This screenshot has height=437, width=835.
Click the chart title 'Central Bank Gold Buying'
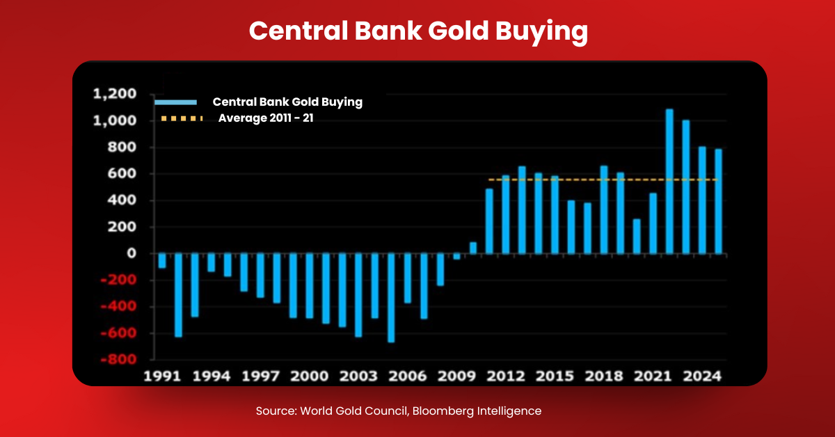tap(417, 31)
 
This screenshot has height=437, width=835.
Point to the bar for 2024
tap(718, 201)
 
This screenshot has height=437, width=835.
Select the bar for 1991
tap(162, 261)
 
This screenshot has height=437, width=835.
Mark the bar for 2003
tap(358, 295)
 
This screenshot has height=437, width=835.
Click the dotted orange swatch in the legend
tap(181, 118)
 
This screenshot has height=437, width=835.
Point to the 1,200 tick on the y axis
tap(114, 95)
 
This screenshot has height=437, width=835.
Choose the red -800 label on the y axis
tap(118, 360)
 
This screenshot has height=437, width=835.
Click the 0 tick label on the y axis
tap(132, 254)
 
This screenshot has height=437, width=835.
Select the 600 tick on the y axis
tap(122, 174)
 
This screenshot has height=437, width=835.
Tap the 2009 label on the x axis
tap(456, 376)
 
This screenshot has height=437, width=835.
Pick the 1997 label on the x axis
tap(260, 376)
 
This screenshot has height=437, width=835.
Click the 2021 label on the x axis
tap(653, 376)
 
